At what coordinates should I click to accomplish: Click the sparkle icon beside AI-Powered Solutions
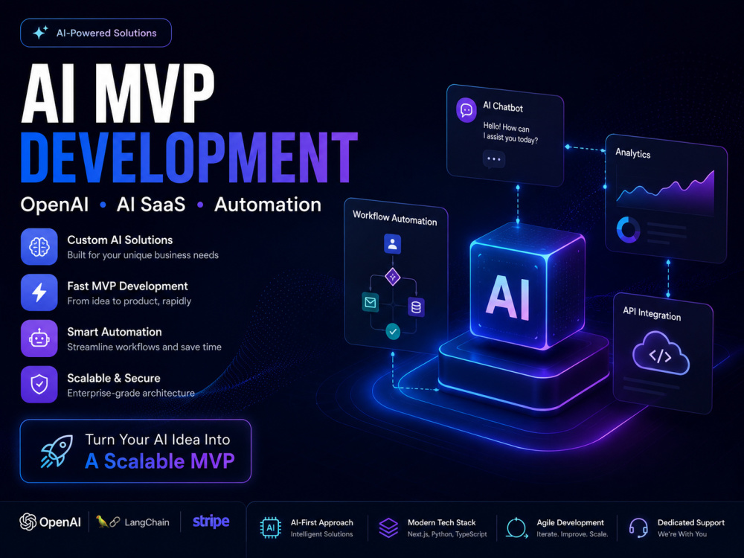point(40,33)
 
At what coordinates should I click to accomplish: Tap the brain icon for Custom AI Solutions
point(39,247)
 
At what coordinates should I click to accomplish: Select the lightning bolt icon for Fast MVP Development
point(39,292)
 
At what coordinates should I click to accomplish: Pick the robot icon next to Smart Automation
point(39,339)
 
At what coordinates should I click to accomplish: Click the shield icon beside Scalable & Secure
point(39,385)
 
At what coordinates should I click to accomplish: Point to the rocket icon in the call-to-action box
point(57,452)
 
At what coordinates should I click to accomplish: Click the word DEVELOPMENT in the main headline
point(189,158)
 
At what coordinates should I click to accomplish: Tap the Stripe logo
point(211,522)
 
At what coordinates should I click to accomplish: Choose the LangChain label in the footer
point(147,522)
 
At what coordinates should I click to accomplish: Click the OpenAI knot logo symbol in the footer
point(28,522)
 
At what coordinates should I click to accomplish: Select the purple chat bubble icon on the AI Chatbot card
point(466,110)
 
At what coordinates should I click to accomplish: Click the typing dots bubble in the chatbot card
point(494,159)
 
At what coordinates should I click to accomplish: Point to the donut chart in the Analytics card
point(628,230)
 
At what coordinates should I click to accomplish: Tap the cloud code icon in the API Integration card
point(661,353)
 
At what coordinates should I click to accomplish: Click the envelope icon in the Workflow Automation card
point(371,302)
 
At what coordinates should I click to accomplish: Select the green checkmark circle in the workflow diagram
point(393,331)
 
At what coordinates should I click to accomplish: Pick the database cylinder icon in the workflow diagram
point(416,307)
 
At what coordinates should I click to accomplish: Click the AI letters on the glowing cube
point(507,297)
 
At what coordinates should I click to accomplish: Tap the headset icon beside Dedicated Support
point(638,527)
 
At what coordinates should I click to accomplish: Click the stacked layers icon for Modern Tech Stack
point(388,527)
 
